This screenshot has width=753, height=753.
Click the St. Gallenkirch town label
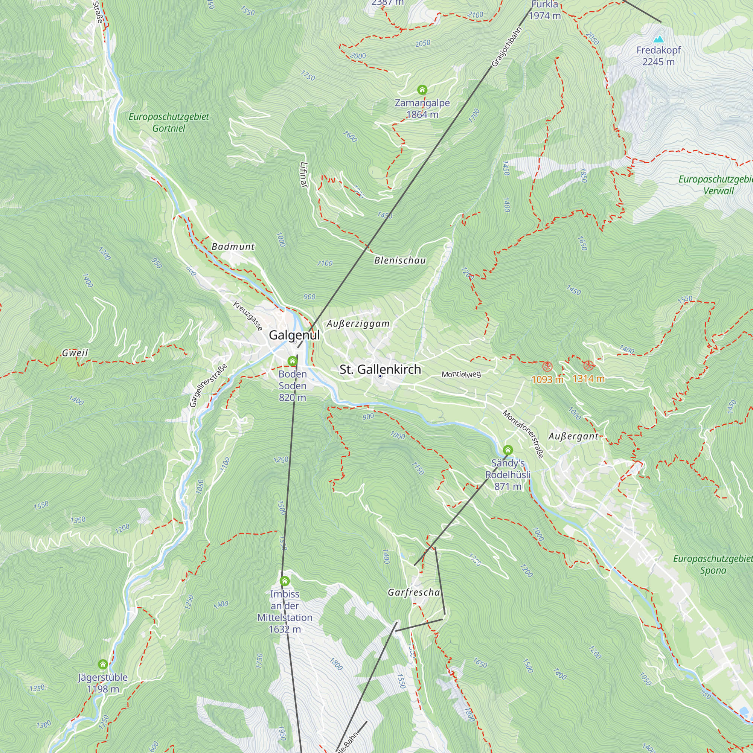tap(380, 369)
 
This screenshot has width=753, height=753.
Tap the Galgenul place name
tap(294, 335)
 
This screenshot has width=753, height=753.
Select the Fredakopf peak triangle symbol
tap(658, 39)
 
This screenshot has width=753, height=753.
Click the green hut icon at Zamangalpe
tap(422, 90)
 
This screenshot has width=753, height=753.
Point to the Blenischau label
tap(400, 261)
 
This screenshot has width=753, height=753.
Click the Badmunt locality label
tap(233, 246)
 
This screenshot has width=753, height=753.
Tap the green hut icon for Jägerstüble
tap(103, 664)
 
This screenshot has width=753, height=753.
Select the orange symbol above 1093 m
tap(547, 366)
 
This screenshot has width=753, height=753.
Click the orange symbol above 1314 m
tap(588, 366)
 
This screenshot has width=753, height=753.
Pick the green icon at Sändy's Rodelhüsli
tap(508, 450)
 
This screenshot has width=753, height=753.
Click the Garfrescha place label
tap(414, 592)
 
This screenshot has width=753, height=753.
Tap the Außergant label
tap(573, 436)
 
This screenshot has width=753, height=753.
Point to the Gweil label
tap(75, 353)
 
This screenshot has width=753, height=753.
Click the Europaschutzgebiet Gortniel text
tap(169, 122)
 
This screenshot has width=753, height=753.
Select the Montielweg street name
tap(461, 375)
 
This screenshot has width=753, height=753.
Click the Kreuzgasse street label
tap(248, 316)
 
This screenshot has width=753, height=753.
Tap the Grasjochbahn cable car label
tap(507, 47)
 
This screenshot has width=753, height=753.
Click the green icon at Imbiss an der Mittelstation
tap(285, 581)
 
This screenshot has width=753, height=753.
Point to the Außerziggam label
tap(358, 323)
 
